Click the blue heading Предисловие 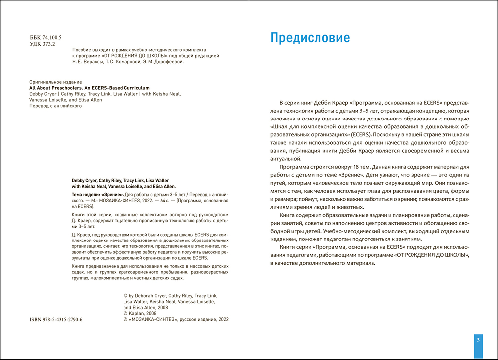[309, 38]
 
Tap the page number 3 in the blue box [478, 340]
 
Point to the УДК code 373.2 [49, 44]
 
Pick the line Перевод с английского [56, 106]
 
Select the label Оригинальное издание [55, 81]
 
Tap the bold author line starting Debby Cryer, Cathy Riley [120, 180]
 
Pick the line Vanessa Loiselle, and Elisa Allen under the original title [66, 100]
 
